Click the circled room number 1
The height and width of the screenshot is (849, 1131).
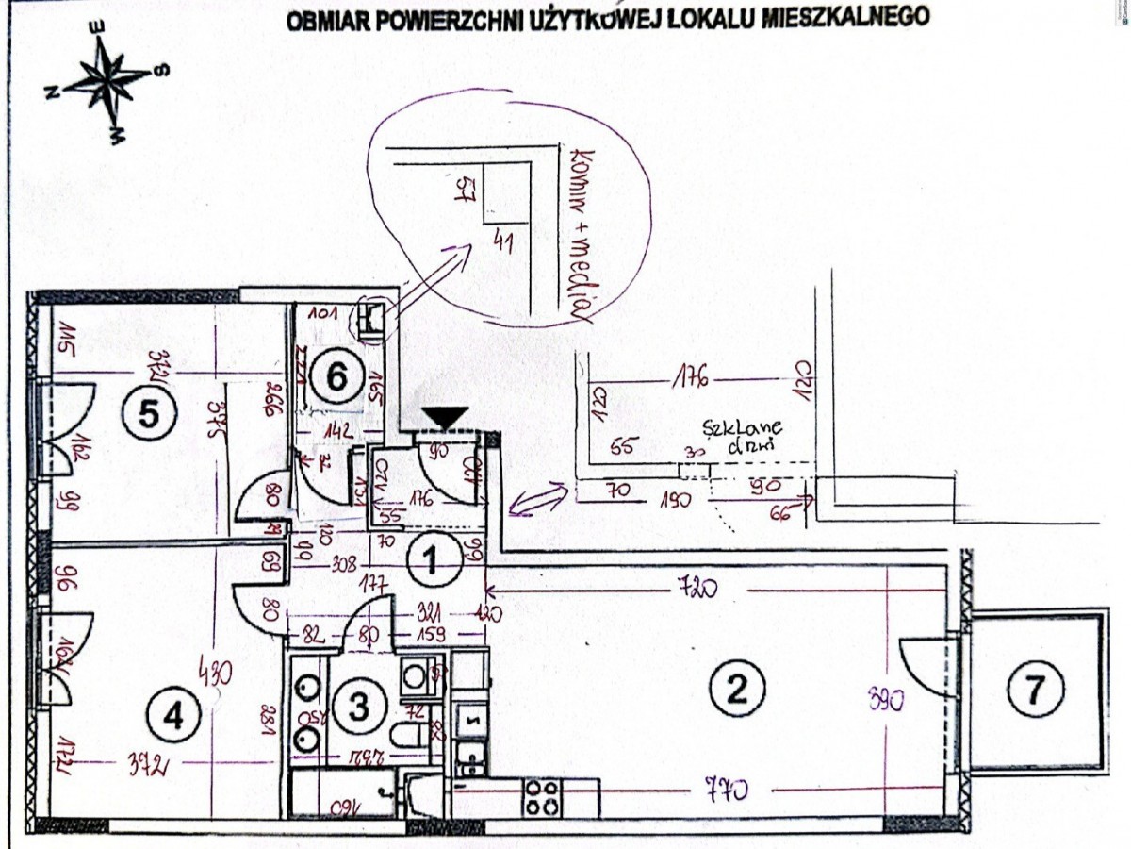430,562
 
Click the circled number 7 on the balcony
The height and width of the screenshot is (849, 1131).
1034,692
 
